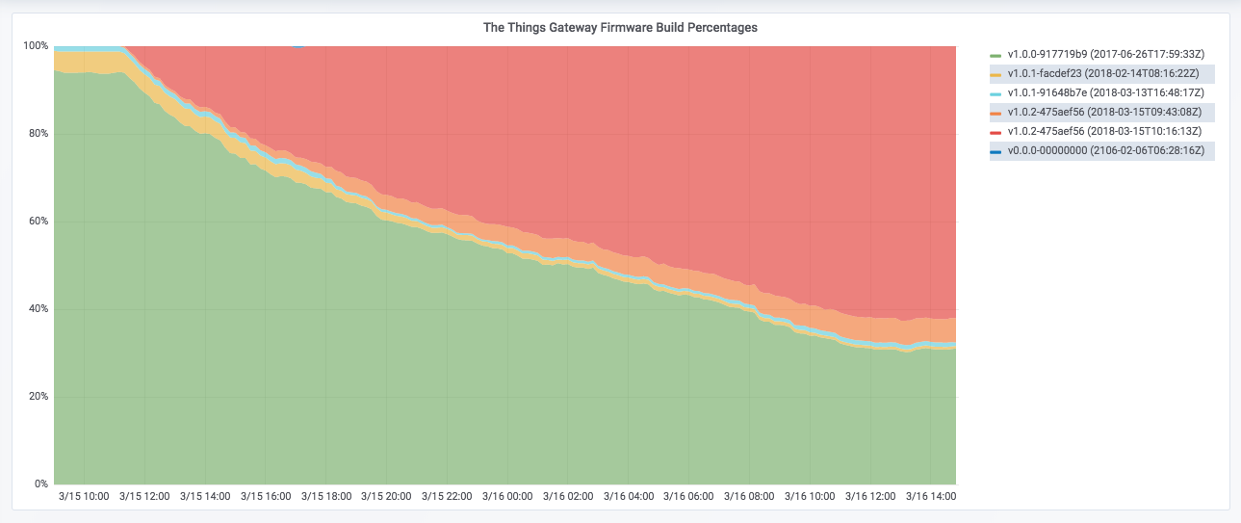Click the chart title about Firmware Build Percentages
point(620,28)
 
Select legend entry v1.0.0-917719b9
point(1104,55)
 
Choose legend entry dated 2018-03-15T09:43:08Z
point(1104,113)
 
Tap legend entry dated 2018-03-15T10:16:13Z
point(1104,132)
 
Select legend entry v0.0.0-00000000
point(1105,151)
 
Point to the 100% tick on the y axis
point(36,46)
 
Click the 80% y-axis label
point(38,134)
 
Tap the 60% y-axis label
point(38,222)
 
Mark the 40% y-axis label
point(38,309)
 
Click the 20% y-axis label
point(38,397)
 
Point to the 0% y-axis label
point(40,484)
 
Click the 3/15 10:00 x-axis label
point(84,497)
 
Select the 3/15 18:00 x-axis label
point(325,497)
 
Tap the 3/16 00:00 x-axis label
point(507,497)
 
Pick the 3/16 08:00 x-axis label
point(749,497)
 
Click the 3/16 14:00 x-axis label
point(931,497)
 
